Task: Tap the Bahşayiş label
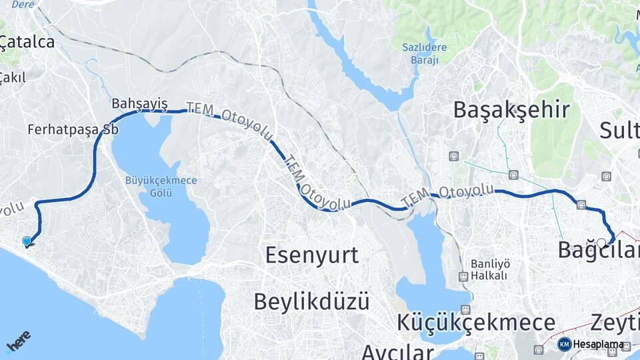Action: (139, 104)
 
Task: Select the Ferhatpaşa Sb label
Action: (73, 129)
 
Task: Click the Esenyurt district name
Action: (311, 255)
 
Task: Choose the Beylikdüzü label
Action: (311, 301)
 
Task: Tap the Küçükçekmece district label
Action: (476, 323)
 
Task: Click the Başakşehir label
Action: (511, 109)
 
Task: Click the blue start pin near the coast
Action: (27, 241)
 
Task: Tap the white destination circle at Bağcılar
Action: (601, 243)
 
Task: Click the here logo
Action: (18, 341)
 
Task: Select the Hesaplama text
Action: (599, 345)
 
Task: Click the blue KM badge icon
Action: (564, 345)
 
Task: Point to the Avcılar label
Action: (398, 351)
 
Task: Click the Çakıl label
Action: (13, 77)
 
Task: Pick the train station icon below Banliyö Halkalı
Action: (463, 276)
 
